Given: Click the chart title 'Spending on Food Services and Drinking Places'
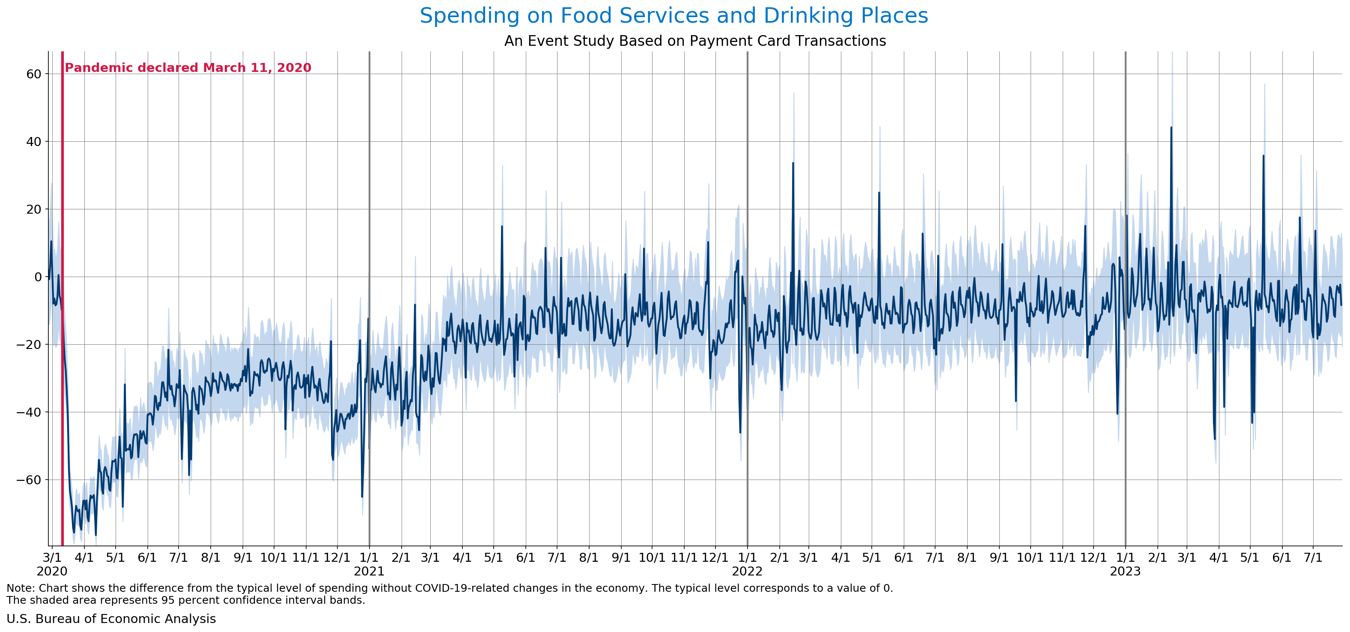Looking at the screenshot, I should pyautogui.click(x=674, y=16).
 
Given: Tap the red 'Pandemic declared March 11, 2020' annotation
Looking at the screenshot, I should pyautogui.click(x=188, y=68).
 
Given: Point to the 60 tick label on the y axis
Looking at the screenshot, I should pyautogui.click(x=33, y=74).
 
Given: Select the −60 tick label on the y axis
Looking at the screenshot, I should pyautogui.click(x=30, y=480).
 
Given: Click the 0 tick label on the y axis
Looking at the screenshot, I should pyautogui.click(x=38, y=277).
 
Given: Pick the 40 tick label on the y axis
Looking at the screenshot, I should pyautogui.click(x=33, y=141).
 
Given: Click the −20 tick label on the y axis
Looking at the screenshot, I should pyautogui.click(x=30, y=345).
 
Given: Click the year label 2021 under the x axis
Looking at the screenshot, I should pyautogui.click(x=369, y=572).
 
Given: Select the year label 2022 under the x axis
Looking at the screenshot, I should pyautogui.click(x=747, y=572).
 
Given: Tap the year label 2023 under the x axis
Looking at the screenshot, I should pyautogui.click(x=1125, y=572).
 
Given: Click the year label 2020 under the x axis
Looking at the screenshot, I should pyautogui.click(x=52, y=572).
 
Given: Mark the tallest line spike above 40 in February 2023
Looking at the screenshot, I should pyautogui.click(x=1171, y=127).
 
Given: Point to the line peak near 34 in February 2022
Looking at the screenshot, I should pyautogui.click(x=793, y=163).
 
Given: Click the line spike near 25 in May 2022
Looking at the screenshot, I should pyautogui.click(x=879, y=193).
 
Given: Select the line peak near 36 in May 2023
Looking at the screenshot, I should pyautogui.click(x=1264, y=155).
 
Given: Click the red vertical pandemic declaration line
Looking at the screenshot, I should pyautogui.click(x=63, y=314).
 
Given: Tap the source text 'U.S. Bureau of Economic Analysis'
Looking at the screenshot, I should pyautogui.click(x=111, y=619).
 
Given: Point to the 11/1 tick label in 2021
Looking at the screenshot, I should pyautogui.click(x=685, y=557).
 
